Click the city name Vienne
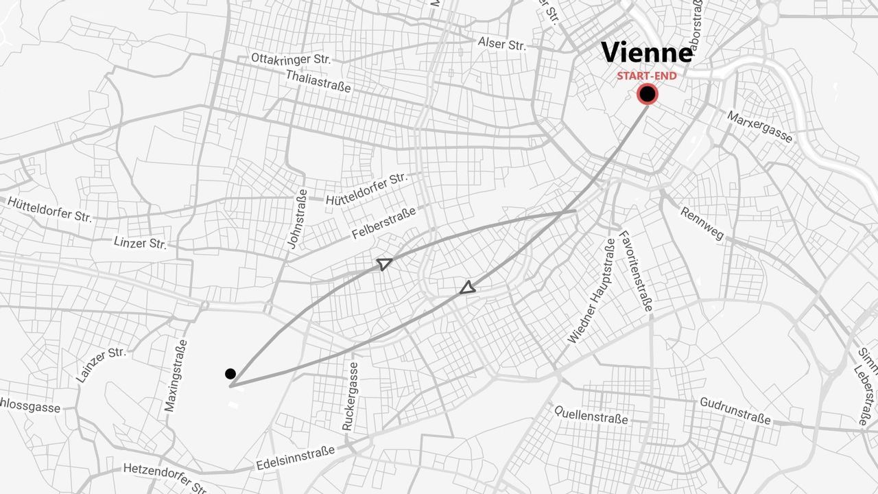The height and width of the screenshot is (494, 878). tap(647, 54)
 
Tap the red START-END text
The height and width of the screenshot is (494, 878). tap(646, 75)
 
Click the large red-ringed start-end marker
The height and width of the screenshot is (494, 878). tap(647, 94)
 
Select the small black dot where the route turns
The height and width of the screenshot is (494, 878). tap(230, 374)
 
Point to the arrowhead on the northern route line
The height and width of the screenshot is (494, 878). tap(384, 263)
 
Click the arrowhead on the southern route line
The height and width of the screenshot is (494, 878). tap(467, 287)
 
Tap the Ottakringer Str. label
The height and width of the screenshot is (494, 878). tap(291, 59)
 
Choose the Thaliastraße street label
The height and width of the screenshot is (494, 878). tap(318, 81)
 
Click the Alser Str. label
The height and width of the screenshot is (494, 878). tap(502, 44)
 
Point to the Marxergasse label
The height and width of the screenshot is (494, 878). tap(759, 127)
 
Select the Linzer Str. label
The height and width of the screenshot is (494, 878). tap(140, 243)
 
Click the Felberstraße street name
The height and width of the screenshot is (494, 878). tap(383, 223)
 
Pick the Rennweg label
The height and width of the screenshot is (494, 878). tap(702, 224)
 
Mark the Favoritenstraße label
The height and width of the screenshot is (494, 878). tap(634, 270)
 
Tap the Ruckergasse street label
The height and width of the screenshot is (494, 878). tap(350, 396)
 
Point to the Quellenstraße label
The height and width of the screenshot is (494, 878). tap(591, 414)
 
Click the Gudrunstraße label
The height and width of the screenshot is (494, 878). tap(735, 410)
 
